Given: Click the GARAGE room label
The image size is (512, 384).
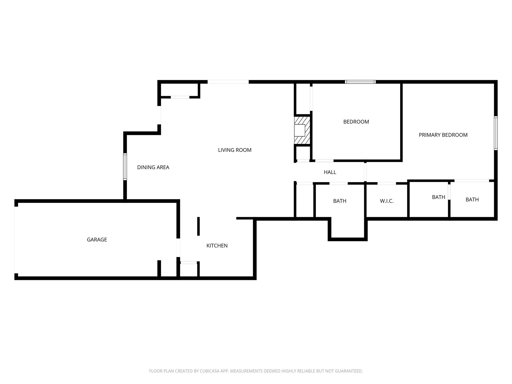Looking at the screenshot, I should click(97, 239).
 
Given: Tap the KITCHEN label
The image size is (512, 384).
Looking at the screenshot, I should click(217, 245).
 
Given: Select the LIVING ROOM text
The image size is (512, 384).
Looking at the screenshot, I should click(234, 150).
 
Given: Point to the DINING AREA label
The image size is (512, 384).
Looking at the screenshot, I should click(153, 167).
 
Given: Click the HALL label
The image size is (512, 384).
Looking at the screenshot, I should click(330, 172).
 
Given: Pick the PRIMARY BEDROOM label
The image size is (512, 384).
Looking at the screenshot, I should click(443, 135).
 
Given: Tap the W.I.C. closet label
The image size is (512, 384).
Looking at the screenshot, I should click(386, 201).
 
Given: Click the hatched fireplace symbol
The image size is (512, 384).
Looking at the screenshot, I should click(302, 130).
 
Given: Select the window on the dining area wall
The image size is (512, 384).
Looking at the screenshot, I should click(125, 167).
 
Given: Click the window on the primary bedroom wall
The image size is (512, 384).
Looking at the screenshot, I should click(496, 133).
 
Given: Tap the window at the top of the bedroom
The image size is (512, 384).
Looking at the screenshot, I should click(360, 82).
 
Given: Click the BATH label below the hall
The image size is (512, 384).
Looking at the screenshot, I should click(339, 201).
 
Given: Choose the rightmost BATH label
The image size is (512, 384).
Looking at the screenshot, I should click(472, 199).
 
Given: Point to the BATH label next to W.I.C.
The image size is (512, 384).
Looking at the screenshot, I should click(438, 197).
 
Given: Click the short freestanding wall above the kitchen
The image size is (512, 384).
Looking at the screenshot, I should click(198, 226).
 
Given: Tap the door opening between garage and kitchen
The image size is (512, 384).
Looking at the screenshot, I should click(178, 248).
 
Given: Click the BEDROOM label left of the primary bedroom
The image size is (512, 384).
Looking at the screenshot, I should click(356, 122).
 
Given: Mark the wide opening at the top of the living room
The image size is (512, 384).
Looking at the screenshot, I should click(228, 82).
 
